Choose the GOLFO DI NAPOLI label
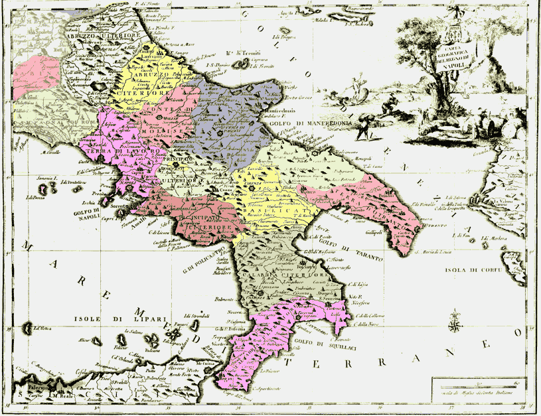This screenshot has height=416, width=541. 87,212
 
